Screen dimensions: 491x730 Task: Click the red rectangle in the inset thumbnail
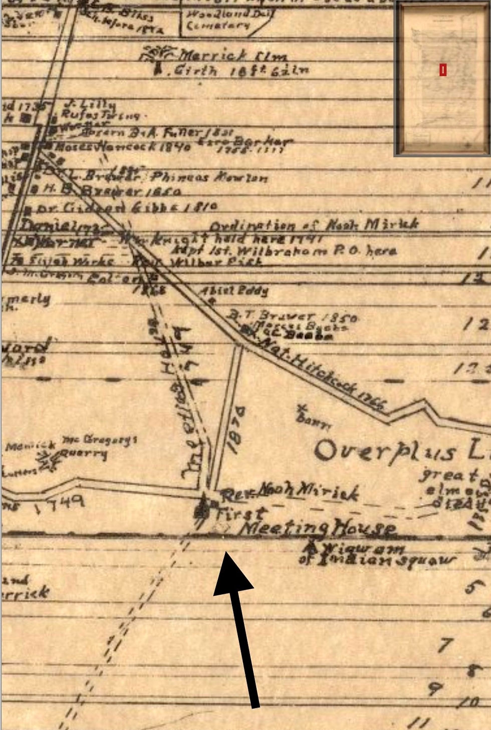pyautogui.click(x=443, y=70)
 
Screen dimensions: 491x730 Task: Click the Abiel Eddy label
pyautogui.click(x=233, y=291)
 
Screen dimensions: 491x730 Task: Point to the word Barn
pyautogui.click(x=313, y=420)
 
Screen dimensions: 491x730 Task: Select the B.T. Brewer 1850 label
pyautogui.click(x=294, y=316)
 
